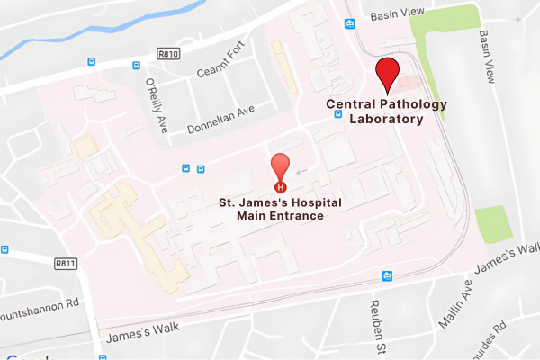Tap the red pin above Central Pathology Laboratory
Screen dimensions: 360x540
(x=387, y=72)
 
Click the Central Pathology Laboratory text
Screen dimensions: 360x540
(x=386, y=112)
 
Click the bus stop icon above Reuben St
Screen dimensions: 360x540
(x=387, y=275)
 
